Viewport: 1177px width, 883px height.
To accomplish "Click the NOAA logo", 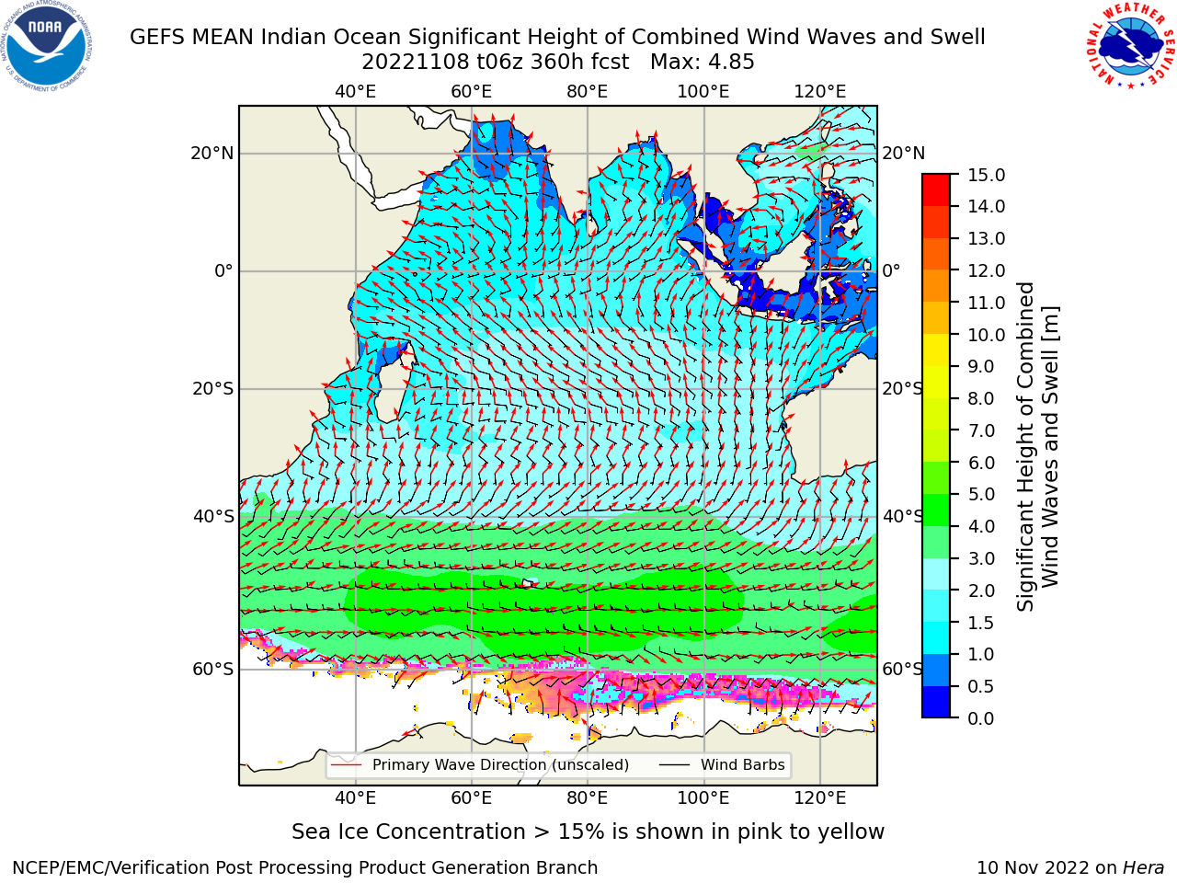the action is (47, 47).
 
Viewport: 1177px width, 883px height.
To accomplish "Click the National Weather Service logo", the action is (1130, 45).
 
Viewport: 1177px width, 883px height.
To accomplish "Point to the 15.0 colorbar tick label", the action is (986, 175).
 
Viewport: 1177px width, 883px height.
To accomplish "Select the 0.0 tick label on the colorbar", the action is (981, 718).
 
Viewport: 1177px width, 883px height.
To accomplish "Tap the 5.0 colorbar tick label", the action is (981, 494).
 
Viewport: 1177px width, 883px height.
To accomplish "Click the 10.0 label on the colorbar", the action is (986, 335).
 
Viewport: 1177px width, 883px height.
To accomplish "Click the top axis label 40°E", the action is (356, 92).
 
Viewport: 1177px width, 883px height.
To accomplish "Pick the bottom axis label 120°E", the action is (820, 798).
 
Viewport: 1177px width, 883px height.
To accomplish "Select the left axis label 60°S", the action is (213, 669).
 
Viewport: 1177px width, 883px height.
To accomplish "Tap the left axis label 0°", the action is (223, 270).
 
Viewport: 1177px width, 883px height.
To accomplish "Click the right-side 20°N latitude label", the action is (904, 154).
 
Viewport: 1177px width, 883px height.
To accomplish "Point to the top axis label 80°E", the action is (588, 92).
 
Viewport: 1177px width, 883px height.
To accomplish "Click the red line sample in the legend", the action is (346, 765).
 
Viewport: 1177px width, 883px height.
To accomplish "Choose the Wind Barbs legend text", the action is (743, 765).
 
